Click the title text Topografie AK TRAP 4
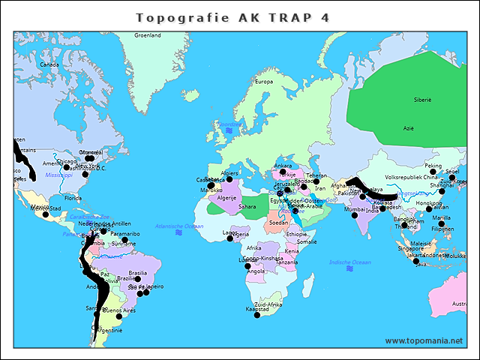232,16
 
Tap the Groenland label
147,35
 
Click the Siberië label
423,100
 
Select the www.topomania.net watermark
424,340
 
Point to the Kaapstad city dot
256,315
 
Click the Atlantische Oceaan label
178,226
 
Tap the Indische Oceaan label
350,262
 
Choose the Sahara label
247,206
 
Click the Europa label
264,82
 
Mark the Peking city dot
433,172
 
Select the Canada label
49,65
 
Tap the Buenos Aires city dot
118,316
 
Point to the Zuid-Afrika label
268,304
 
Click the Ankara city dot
283,172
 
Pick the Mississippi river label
58,175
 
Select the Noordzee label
229,124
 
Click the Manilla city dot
442,223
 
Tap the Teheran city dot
316,181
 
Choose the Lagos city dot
230,238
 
